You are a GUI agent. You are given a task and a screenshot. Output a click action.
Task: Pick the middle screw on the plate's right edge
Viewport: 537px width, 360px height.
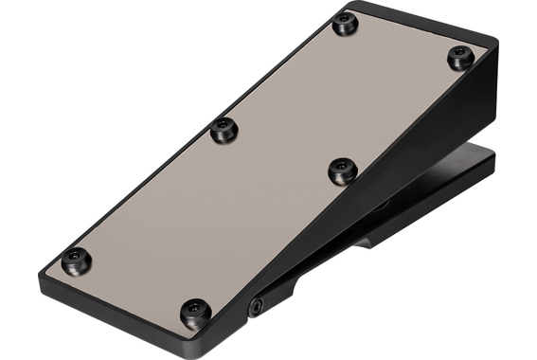pos(342,171)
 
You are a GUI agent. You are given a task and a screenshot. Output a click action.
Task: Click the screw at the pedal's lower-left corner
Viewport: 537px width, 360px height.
pos(76,258)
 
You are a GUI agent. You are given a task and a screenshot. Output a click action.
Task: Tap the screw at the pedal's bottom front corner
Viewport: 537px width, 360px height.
pos(195,310)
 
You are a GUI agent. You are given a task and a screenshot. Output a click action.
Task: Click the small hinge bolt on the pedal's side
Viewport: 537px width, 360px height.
pos(256,305)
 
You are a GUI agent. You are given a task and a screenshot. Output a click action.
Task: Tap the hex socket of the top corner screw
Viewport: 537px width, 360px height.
pos(346,24)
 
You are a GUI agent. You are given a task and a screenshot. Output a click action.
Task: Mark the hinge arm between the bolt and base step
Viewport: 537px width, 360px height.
pos(303,279)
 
